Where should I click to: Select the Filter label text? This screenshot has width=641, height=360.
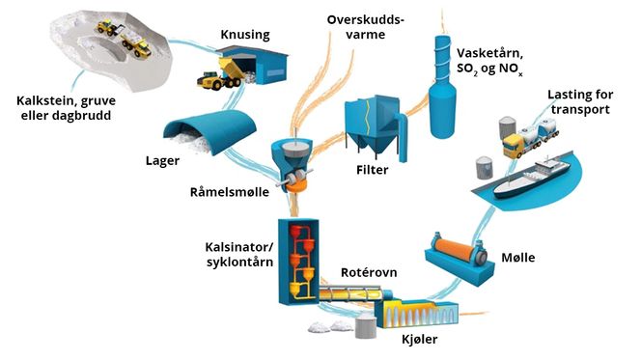(x=371, y=171)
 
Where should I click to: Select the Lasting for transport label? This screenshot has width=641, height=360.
(x=577, y=102)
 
